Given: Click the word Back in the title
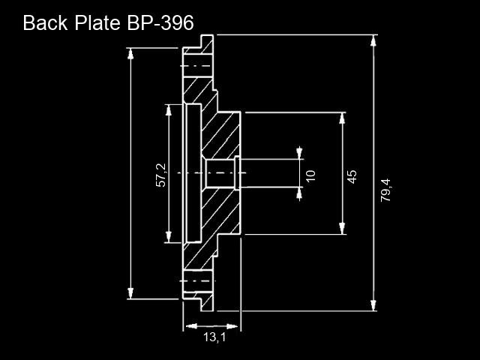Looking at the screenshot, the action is pos(45,22).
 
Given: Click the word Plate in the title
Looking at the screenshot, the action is pos(97,22).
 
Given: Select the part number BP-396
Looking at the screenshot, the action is pos(160,22).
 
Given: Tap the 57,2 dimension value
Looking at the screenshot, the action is pos(161,175).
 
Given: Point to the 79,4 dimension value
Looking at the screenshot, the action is pos(385,190).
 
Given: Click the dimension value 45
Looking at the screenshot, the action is pos(352,177).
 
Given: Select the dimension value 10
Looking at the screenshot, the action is pos(310,176).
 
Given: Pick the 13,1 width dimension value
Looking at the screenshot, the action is pos(215,337).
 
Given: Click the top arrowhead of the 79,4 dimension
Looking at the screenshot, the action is pos(373,41).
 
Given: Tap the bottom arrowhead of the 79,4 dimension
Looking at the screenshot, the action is pos(373,305).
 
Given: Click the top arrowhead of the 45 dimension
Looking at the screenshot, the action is pos(342,118).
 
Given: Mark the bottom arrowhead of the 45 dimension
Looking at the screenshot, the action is pos(342,228).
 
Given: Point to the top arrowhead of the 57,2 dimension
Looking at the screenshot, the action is pos(168,110).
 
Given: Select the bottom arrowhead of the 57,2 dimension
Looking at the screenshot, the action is pos(168,237).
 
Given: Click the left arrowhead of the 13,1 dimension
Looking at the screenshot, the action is pos(192,326).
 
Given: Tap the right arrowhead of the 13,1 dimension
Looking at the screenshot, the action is pos(232,326).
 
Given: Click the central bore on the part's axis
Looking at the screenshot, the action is pos(220,173).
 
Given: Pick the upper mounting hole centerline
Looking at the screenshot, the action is pos(196,66).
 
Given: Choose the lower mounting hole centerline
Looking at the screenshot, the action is pos(197,280).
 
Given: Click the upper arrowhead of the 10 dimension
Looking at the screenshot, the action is pos(299,153).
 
